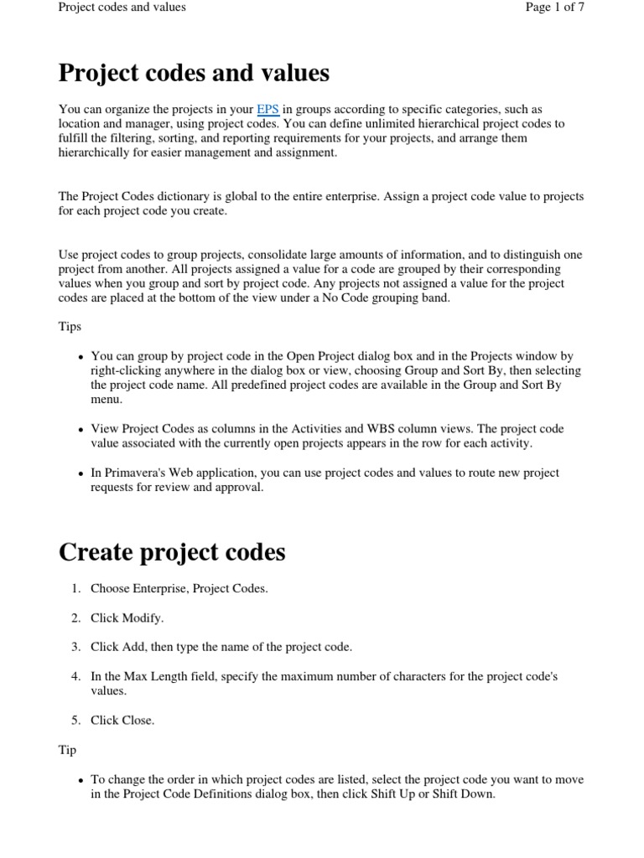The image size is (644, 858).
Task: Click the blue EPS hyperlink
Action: point(267,110)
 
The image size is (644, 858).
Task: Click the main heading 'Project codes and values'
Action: point(194,74)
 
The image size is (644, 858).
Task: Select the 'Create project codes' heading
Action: point(172,552)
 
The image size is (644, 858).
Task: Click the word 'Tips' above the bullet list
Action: point(70,326)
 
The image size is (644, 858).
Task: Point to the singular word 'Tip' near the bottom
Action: point(67,750)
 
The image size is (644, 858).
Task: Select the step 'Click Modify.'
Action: point(127,618)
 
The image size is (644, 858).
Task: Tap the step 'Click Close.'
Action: point(122,721)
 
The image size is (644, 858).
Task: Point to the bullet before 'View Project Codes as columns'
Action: point(80,429)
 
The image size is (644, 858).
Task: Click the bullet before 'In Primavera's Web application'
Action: point(80,473)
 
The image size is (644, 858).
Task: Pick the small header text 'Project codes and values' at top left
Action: point(122,8)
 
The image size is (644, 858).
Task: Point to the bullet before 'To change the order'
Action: point(80,780)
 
